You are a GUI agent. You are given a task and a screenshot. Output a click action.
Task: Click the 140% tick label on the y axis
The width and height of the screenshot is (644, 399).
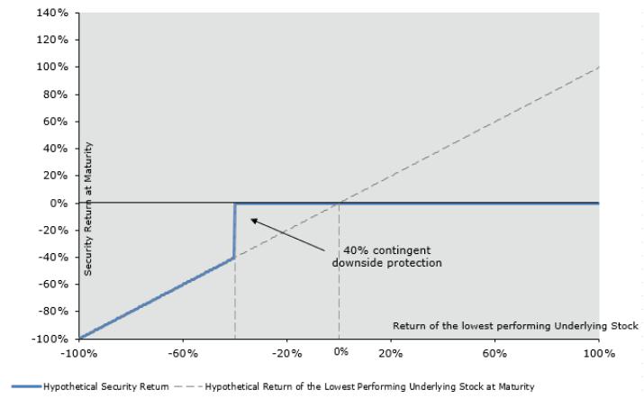[x=52, y=13]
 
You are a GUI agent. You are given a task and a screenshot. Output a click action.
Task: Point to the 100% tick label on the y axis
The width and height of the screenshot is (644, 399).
[x=52, y=67]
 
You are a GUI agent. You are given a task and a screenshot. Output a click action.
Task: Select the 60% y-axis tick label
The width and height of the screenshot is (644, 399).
[x=55, y=122]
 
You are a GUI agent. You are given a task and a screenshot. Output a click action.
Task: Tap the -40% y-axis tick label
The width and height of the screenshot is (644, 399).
[x=53, y=258]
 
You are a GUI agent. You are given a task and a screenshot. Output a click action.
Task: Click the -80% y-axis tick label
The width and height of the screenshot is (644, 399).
[x=53, y=311]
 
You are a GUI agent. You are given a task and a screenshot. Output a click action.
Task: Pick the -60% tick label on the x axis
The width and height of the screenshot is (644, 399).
[x=183, y=353]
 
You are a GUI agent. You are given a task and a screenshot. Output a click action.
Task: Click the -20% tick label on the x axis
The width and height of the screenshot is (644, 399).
[x=286, y=353]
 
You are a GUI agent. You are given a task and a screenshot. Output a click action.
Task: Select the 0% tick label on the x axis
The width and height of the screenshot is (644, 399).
[x=340, y=352]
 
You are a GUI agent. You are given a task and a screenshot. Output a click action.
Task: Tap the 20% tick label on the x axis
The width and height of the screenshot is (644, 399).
[x=391, y=353]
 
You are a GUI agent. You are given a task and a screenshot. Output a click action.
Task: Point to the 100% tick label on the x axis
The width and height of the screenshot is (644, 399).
[x=599, y=353]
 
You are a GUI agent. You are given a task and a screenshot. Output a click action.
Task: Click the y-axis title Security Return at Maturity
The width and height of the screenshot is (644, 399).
[x=88, y=209]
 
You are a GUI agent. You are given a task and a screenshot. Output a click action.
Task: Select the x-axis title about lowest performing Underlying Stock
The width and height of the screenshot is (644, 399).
[x=515, y=326]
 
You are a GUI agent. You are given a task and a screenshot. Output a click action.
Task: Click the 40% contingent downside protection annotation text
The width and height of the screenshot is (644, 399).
[x=387, y=257]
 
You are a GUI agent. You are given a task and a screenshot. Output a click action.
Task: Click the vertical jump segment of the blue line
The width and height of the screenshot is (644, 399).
[x=234, y=231]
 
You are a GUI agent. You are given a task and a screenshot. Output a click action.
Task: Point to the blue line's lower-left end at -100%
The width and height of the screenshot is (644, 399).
[x=79, y=339]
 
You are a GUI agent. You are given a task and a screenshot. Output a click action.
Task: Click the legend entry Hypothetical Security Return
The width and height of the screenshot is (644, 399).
[x=90, y=386]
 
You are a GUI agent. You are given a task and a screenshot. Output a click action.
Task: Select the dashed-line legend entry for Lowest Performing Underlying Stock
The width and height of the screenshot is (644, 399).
[x=354, y=386]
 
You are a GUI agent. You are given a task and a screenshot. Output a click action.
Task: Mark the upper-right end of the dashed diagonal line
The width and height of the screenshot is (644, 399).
[x=599, y=67]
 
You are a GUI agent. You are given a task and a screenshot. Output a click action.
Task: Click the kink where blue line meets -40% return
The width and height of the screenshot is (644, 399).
[x=234, y=258]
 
